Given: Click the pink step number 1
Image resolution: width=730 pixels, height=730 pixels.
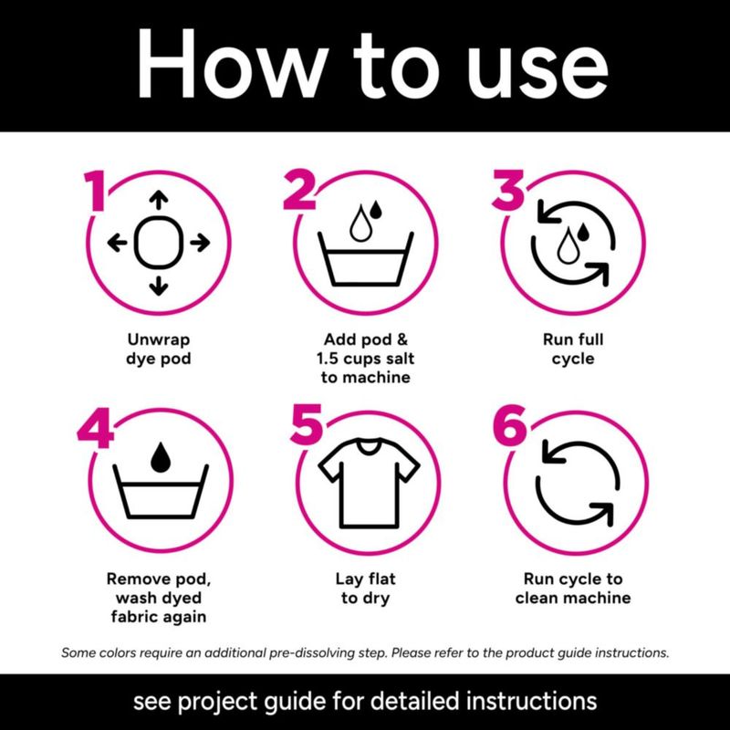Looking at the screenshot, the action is click(x=97, y=191).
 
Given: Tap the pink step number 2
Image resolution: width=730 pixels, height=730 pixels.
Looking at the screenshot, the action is click(x=301, y=190).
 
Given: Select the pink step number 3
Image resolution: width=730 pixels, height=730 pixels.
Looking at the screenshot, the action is click(x=508, y=190).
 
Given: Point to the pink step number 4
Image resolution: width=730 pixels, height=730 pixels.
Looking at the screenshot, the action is click(x=96, y=428).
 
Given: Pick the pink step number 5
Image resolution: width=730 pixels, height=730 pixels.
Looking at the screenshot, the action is click(x=306, y=424).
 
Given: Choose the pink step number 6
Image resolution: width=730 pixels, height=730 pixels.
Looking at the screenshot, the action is click(x=510, y=424).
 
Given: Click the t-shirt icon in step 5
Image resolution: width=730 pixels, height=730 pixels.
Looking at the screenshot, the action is click(x=369, y=483).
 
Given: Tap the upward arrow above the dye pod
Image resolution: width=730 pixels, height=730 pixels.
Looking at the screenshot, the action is click(x=159, y=200).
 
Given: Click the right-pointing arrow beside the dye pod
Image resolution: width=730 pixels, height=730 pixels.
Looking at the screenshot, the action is click(x=200, y=243).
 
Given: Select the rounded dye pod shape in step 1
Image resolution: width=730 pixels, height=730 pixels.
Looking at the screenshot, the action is click(x=159, y=243).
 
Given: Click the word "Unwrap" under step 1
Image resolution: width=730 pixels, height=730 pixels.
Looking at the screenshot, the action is click(x=159, y=339).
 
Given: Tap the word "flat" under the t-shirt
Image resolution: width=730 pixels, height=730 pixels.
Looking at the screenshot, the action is click(x=381, y=579).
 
